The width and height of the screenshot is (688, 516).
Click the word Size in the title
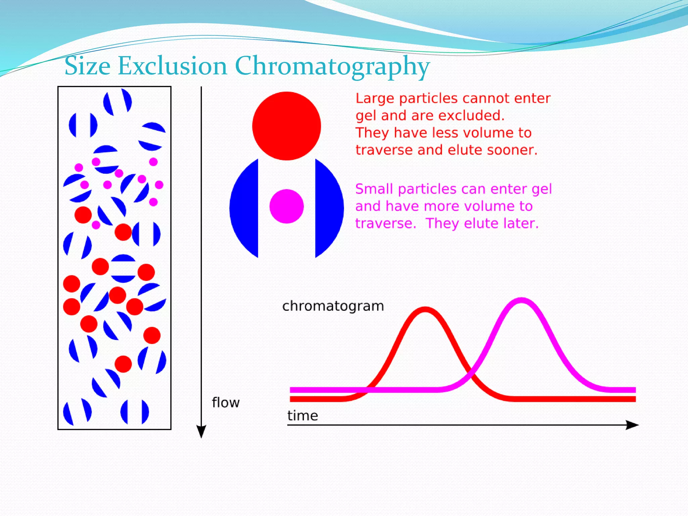click(x=87, y=66)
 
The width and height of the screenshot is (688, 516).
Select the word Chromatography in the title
click(x=332, y=67)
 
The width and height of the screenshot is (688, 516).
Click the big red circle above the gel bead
click(x=287, y=126)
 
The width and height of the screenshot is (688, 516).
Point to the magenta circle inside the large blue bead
click(x=287, y=206)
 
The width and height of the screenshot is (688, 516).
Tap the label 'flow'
click(x=226, y=402)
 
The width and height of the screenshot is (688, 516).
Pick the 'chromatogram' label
click(x=333, y=306)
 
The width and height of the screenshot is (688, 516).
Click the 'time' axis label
click(x=303, y=416)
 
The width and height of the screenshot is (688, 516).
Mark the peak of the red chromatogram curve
click(x=425, y=309)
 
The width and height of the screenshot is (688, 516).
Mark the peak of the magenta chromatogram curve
click(x=521, y=300)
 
